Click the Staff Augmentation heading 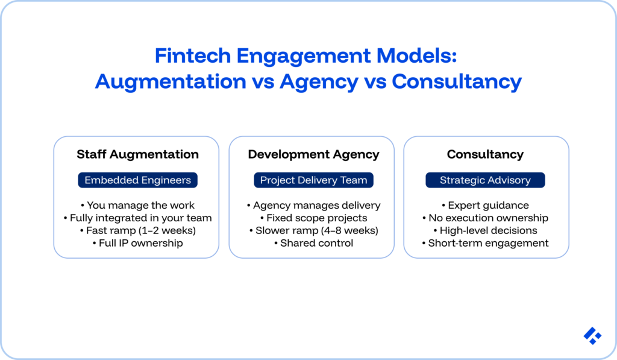click(x=137, y=154)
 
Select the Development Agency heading click(x=313, y=154)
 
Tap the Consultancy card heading click(x=485, y=154)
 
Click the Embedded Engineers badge click(x=137, y=180)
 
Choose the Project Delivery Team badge click(x=313, y=180)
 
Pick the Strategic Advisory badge click(x=485, y=180)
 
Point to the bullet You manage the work click(x=137, y=206)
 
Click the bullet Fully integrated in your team click(x=137, y=218)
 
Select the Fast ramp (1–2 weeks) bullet click(x=137, y=231)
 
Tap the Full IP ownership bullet click(x=137, y=244)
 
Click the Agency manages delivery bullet click(x=313, y=206)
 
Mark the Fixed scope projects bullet click(x=313, y=218)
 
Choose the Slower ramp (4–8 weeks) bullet click(x=313, y=231)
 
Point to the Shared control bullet click(x=313, y=244)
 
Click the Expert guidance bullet click(x=485, y=206)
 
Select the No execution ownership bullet click(x=485, y=218)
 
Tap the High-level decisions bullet click(x=485, y=231)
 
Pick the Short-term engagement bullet click(x=485, y=244)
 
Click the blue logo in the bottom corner click(x=592, y=336)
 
